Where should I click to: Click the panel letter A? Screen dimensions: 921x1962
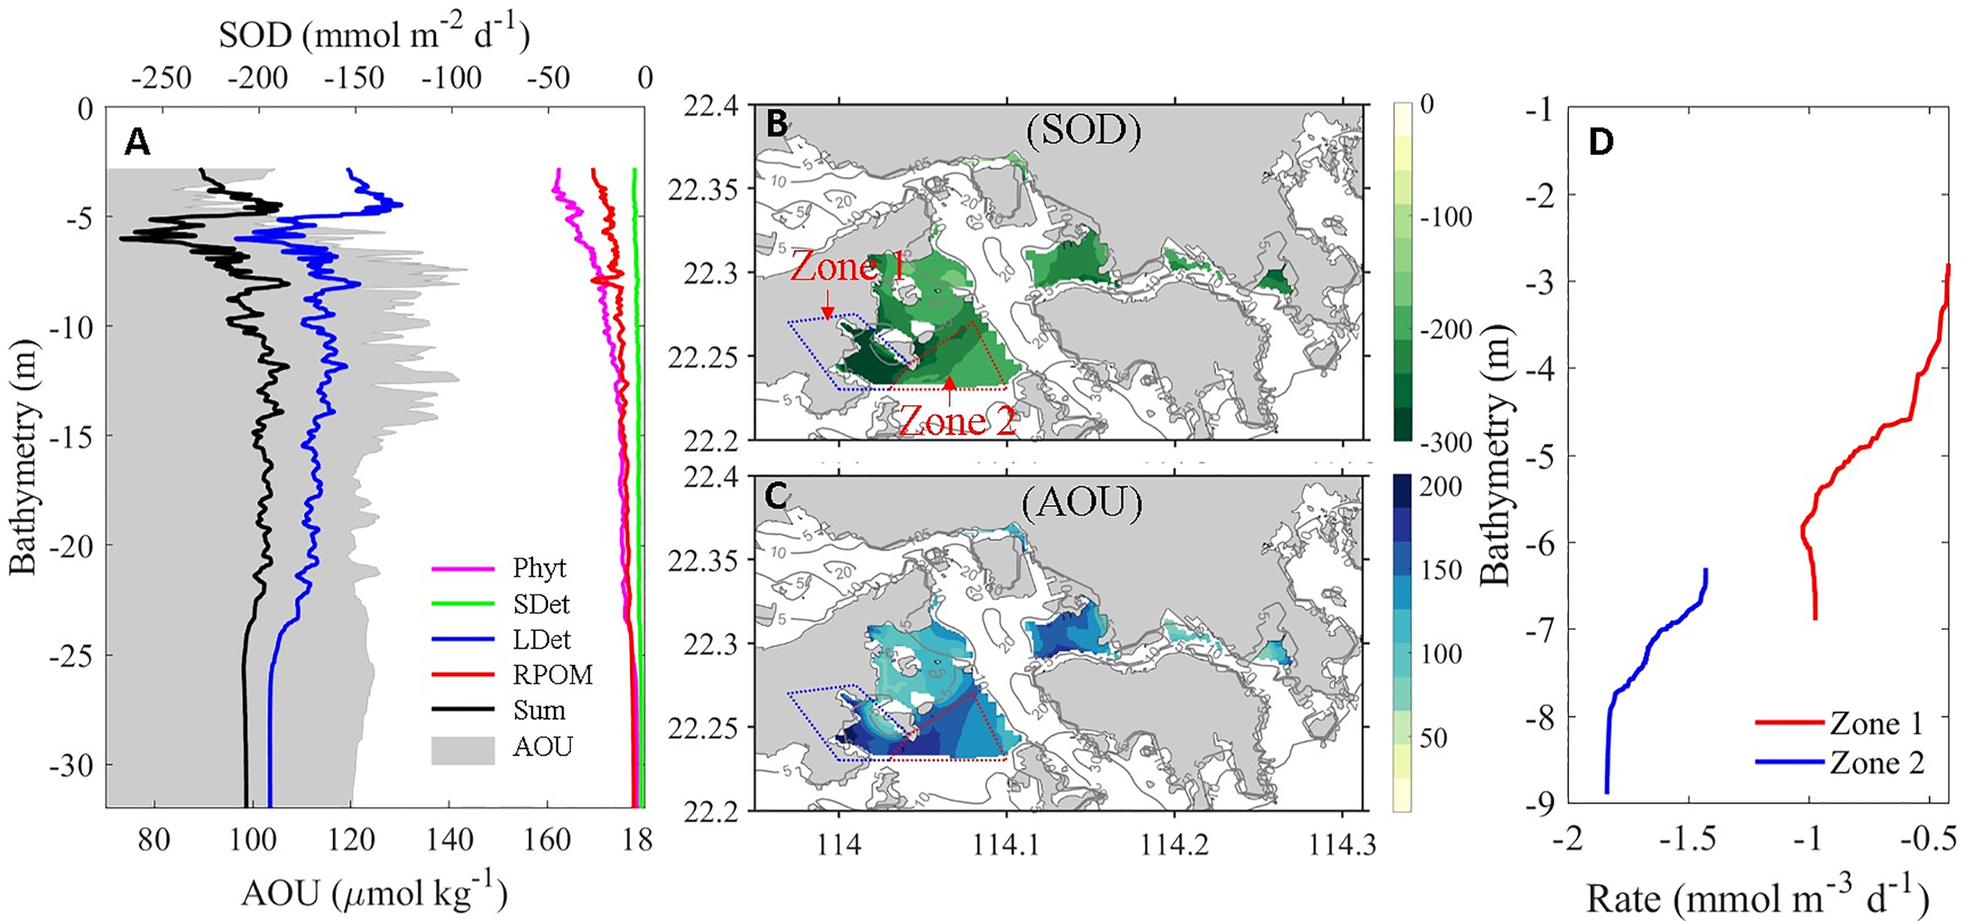click(137, 143)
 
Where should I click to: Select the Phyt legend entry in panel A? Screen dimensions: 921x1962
click(538, 568)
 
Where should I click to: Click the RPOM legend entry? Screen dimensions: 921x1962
click(552, 675)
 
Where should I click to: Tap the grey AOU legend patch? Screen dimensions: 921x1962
click(463, 749)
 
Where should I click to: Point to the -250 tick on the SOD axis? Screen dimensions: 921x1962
click(162, 78)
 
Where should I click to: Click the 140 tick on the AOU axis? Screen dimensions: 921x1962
click(450, 840)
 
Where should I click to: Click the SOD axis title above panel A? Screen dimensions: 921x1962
click(374, 35)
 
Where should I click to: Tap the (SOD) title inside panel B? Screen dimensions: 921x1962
click(1083, 129)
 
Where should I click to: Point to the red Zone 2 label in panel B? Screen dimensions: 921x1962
click(957, 423)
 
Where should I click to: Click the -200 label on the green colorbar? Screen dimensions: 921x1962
click(1446, 329)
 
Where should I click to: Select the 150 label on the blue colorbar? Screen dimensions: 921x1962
click(1441, 570)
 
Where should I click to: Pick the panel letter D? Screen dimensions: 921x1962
click(1600, 142)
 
